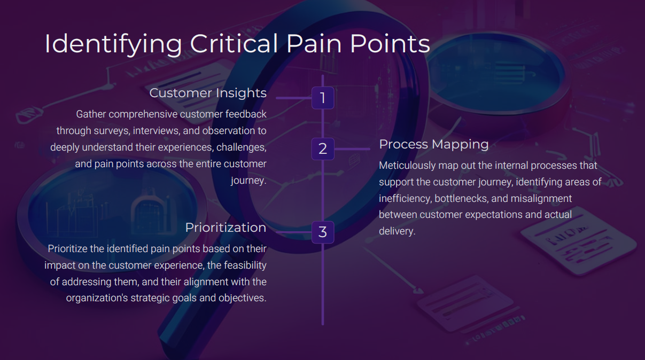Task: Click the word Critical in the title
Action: click(234, 44)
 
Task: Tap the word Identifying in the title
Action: click(113, 45)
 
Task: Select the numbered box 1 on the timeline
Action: click(323, 98)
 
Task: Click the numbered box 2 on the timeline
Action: click(323, 149)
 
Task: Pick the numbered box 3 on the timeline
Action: click(323, 232)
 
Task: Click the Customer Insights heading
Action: click(208, 93)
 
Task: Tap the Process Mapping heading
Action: click(433, 144)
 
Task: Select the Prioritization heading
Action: click(226, 228)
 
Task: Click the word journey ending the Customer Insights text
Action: click(248, 181)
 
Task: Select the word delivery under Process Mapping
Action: click(397, 231)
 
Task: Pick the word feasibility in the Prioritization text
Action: click(245, 265)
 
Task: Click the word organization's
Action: click(97, 298)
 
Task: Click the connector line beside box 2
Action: click(352, 149)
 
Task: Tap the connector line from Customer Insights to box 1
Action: click(294, 98)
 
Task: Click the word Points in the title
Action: click(390, 44)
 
